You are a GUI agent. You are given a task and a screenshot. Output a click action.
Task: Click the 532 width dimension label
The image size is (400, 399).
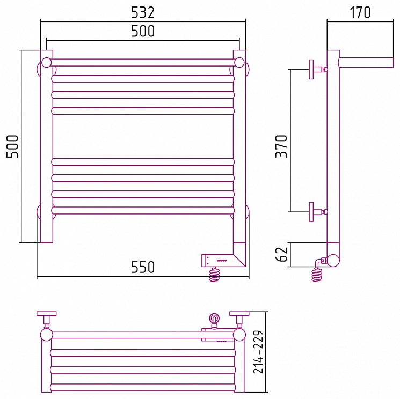click(x=143, y=12)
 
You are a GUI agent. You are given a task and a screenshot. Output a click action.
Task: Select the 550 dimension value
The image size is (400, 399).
click(x=143, y=267)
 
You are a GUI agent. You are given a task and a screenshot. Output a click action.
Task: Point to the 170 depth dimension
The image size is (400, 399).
click(x=360, y=12)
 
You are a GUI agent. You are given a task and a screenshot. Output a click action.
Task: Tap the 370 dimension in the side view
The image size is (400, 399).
click(x=281, y=146)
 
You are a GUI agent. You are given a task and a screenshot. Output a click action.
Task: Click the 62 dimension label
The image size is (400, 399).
click(x=282, y=254)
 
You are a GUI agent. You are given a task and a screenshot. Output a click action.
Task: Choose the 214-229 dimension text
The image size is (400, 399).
click(x=258, y=352)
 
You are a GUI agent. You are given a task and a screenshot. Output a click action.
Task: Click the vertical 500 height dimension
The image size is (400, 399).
click(x=12, y=146)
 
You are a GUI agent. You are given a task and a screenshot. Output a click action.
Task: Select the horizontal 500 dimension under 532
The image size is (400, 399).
click(x=143, y=31)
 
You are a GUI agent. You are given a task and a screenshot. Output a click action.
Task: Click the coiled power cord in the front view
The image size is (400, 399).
click(x=214, y=274)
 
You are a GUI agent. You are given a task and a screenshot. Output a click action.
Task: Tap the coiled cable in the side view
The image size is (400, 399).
click(x=317, y=275)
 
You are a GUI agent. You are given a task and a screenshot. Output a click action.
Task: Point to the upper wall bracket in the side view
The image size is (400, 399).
click(x=318, y=69)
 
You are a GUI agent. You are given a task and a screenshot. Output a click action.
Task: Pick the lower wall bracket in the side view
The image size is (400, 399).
click(x=318, y=212)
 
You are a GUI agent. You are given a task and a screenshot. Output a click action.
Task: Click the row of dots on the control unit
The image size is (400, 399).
click(x=222, y=261)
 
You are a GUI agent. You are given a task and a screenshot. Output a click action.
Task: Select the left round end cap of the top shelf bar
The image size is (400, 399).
click(x=46, y=63)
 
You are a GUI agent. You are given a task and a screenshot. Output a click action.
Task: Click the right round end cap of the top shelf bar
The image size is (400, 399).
click(x=239, y=63)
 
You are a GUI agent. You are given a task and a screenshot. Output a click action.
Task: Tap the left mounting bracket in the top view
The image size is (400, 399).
click(x=46, y=320)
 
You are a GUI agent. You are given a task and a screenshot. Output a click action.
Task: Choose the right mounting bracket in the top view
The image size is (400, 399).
click(x=239, y=320)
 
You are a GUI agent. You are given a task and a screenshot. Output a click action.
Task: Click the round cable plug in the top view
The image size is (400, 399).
click(x=214, y=319)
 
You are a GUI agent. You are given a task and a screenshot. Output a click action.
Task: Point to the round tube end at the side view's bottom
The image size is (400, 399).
click(x=333, y=261)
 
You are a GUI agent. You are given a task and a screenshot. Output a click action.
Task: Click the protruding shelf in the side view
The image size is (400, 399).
click(x=366, y=63)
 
